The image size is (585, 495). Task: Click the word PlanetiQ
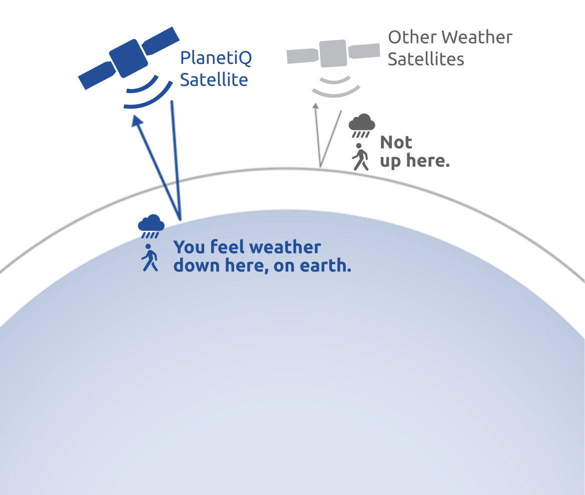pyautogui.click(x=216, y=58)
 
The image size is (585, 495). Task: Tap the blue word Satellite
pyautogui.click(x=214, y=80)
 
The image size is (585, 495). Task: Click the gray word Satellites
pyautogui.click(x=426, y=59)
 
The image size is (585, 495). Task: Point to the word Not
pyautogui.click(x=396, y=142)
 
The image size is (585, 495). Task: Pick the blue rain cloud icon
pyautogui.click(x=151, y=226)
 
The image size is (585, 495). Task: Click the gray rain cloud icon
pyautogui.click(x=361, y=125)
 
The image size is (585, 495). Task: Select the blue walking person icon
pyautogui.click(x=150, y=257)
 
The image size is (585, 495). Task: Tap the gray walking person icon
pyautogui.click(x=360, y=157)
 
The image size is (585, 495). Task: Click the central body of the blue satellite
pyautogui.click(x=128, y=58)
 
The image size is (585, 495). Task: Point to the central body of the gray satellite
pyautogui.click(x=333, y=53)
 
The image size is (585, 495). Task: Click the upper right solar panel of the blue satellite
pyautogui.click(x=161, y=40)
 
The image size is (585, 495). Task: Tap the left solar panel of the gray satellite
pyautogui.click(x=303, y=56)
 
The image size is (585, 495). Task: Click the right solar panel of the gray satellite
pyautogui.click(x=364, y=51)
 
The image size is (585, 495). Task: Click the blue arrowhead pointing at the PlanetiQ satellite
pyautogui.click(x=137, y=120)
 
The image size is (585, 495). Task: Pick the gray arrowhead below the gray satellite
pyautogui.click(x=316, y=106)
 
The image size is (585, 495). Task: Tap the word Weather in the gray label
pyautogui.click(x=479, y=37)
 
